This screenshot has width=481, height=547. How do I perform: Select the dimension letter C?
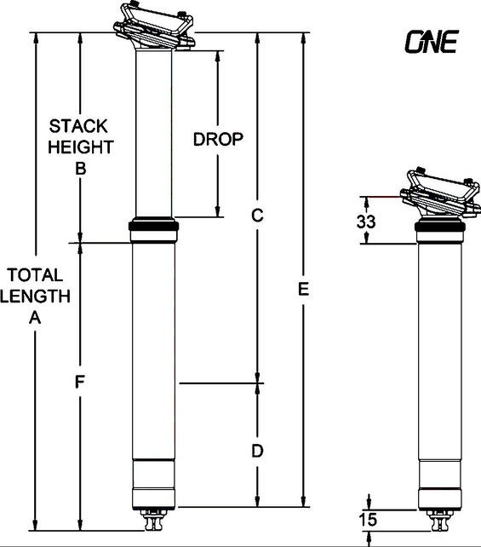coord(255,216)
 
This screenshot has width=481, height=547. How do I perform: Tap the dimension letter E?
coord(303,290)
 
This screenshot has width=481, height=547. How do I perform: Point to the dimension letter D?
coord(256,449)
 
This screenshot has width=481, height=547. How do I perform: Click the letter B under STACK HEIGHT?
coord(80,169)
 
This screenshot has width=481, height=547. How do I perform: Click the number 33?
coord(367,222)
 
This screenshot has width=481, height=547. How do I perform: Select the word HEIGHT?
coord(80,147)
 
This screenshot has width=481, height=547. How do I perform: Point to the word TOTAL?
coord(35,275)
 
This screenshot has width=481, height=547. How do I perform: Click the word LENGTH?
coord(35,296)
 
